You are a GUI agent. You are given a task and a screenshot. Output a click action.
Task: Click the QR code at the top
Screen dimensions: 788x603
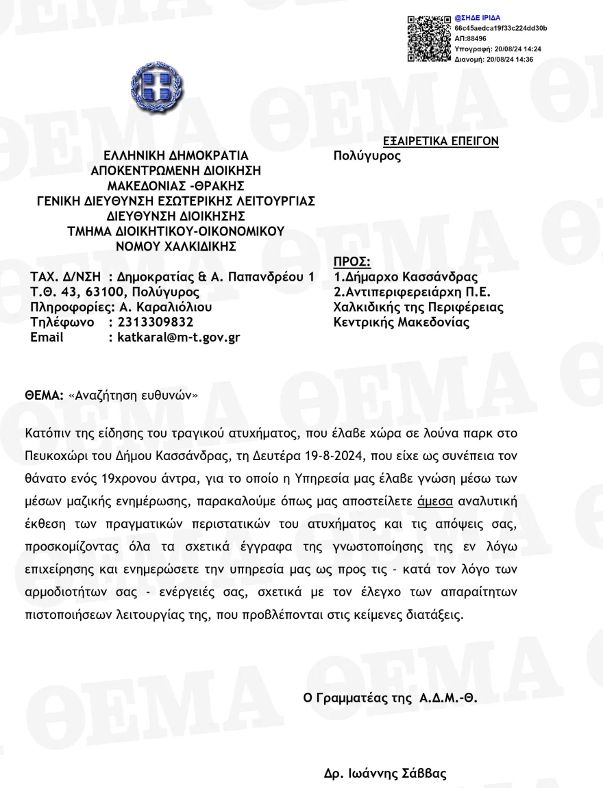pos(430,38)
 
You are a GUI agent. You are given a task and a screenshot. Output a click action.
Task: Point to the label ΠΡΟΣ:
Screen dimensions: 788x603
pos(352,262)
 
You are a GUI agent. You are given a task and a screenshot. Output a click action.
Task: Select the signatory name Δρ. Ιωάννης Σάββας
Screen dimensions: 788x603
pos(385,774)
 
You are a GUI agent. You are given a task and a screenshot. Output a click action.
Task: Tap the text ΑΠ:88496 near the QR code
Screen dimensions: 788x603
pos(471,39)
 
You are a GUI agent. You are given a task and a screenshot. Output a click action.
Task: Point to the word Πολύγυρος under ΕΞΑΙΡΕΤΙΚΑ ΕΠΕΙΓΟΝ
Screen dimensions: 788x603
pos(367,156)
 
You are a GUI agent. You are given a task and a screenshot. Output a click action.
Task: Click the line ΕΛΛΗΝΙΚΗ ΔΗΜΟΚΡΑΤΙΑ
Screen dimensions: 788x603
pos(176,155)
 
